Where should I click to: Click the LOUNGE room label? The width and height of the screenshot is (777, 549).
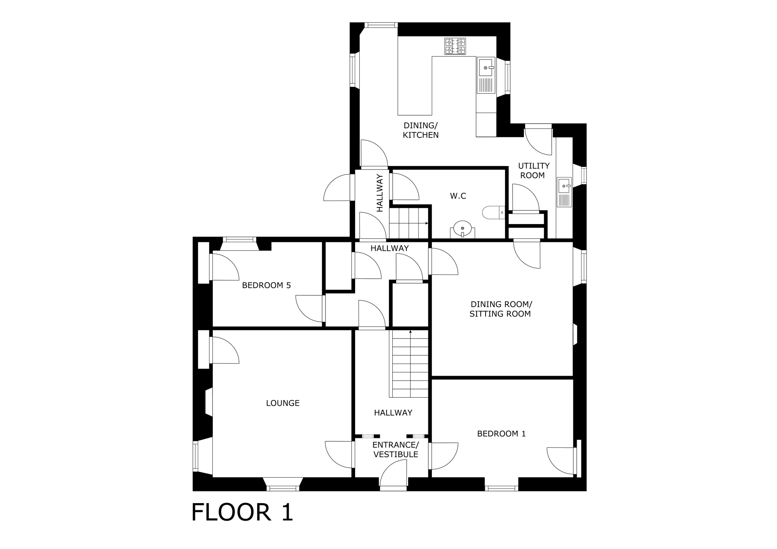[283, 403]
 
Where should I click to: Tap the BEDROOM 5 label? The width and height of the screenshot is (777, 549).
[266, 285]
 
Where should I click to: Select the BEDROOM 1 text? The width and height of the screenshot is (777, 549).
[502, 434]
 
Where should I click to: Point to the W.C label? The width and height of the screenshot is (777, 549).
[458, 196]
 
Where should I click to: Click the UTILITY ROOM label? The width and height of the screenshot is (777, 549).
[534, 171]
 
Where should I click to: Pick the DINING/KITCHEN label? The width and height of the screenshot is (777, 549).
[420, 130]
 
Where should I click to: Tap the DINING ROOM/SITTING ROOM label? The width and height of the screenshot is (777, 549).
[501, 309]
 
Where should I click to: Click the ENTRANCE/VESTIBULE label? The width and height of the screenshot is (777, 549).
[396, 450]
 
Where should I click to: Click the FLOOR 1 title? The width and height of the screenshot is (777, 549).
[242, 512]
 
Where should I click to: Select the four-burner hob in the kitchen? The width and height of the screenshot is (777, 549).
[455, 46]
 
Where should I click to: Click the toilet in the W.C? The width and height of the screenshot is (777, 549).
[494, 213]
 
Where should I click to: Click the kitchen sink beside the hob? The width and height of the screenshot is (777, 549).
[486, 75]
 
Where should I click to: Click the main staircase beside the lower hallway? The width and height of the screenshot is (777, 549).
[410, 364]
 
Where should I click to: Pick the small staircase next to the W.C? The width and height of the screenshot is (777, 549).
[409, 223]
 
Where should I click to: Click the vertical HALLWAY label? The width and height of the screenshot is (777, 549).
[380, 193]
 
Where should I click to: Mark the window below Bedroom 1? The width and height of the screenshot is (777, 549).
[502, 488]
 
